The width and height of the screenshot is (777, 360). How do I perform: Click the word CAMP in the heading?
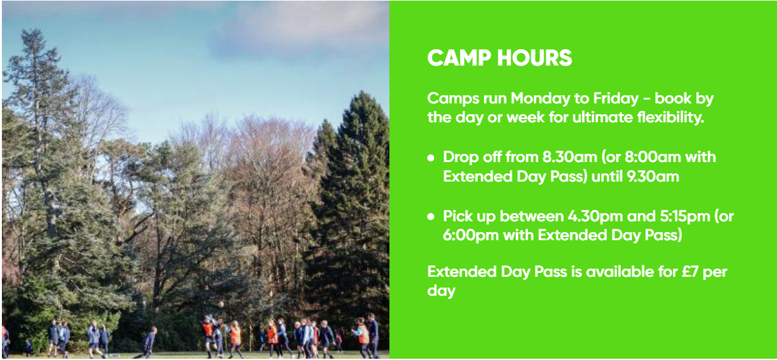click(x=459, y=57)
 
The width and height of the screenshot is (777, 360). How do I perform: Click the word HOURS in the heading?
click(x=534, y=57)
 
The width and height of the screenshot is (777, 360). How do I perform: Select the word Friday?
click(x=616, y=99)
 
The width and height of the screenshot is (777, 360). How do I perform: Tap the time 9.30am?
click(x=652, y=177)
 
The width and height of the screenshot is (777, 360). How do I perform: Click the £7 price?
click(x=689, y=272)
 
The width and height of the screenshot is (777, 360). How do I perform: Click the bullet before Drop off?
click(x=431, y=158)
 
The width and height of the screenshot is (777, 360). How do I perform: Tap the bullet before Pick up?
click(x=431, y=217)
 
